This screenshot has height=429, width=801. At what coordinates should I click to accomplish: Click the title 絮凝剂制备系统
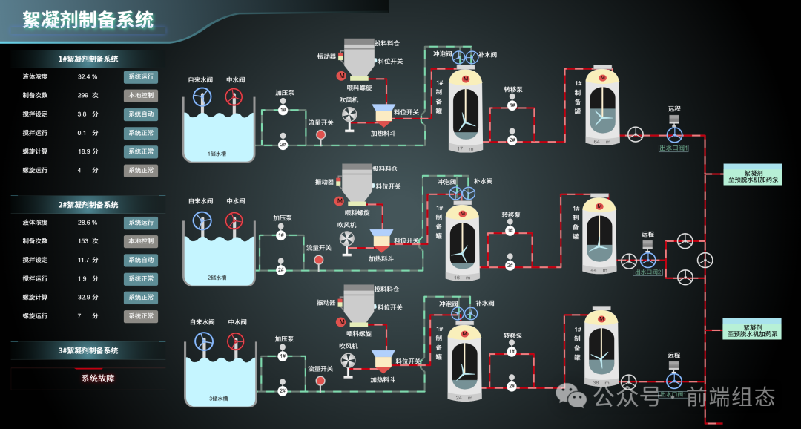(x=88, y=20)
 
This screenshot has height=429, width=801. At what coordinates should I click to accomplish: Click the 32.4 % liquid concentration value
(x=88, y=76)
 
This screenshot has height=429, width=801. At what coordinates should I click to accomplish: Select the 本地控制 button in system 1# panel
(x=140, y=96)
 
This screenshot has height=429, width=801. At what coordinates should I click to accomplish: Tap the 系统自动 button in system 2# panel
(x=140, y=260)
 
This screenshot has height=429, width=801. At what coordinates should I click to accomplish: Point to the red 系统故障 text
(x=98, y=379)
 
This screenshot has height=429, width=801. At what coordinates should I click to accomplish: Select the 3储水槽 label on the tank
(x=218, y=399)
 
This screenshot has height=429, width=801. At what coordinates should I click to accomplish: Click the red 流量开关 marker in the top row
(x=320, y=135)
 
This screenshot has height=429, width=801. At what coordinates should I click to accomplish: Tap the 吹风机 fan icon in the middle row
(x=346, y=238)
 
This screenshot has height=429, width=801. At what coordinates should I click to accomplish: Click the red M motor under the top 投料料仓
(x=341, y=76)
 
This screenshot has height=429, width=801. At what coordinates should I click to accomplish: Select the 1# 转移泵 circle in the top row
(x=512, y=105)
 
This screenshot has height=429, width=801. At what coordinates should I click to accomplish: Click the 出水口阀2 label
(x=648, y=272)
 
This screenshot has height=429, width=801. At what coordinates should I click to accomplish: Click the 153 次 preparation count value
(x=88, y=241)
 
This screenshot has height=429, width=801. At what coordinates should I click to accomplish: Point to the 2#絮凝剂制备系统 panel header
(x=88, y=205)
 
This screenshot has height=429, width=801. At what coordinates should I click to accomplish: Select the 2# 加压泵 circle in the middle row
(x=281, y=270)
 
